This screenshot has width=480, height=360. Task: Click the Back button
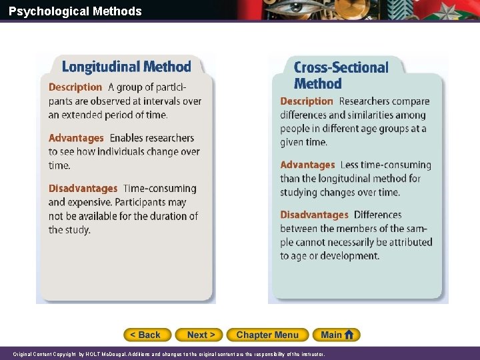tap(147, 335)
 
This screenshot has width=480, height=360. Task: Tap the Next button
tap(200, 335)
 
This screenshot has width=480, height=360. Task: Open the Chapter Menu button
tap(267, 335)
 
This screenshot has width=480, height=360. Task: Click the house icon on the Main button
tap(351, 335)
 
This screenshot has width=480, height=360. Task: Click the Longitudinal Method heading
tap(126, 67)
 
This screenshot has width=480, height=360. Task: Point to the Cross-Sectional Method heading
tap(340, 75)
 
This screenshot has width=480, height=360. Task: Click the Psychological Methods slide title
tap(75, 11)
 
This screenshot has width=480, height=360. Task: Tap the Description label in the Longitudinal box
tap(75, 87)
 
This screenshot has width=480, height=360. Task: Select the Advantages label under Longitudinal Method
tap(76, 138)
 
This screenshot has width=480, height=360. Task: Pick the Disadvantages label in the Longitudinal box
tap(83, 189)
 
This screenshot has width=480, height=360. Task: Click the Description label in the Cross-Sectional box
tap(306, 101)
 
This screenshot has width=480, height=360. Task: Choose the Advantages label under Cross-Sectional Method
tap(307, 165)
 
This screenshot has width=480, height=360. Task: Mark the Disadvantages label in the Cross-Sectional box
tap(314, 215)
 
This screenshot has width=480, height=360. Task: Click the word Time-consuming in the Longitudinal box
tap(160, 189)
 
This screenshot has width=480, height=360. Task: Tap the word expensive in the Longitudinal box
tap(90, 202)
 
